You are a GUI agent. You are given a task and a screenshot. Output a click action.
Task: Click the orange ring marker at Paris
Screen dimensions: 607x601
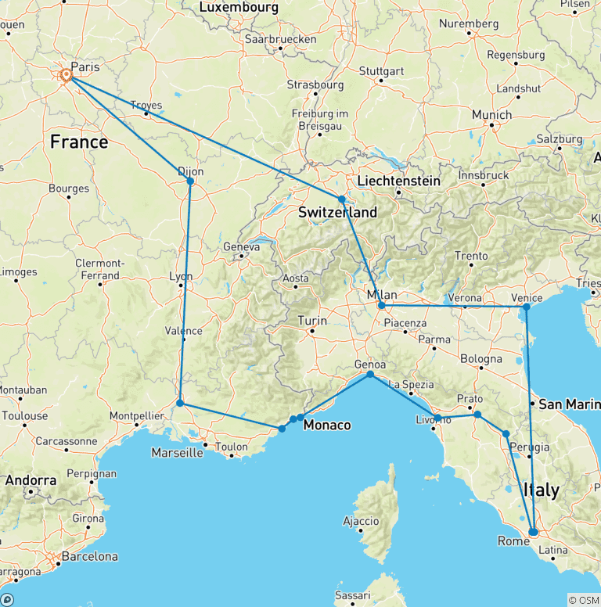point(67,75)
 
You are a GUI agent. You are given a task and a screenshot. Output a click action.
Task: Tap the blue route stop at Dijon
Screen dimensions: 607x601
point(190,181)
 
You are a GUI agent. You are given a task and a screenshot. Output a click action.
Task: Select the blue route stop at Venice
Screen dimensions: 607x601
point(527,307)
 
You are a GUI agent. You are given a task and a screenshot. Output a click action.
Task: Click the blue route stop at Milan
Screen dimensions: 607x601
point(381,306)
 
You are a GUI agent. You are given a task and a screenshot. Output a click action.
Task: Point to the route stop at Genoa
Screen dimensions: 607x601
point(370,375)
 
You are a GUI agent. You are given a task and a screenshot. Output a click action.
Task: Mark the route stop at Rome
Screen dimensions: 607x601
point(534,532)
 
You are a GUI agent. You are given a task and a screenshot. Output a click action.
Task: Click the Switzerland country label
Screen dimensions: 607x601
point(337,212)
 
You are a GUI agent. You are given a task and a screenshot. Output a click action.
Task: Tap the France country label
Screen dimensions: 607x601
point(78,142)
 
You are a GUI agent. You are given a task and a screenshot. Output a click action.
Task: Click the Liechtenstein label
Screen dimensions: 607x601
point(398,181)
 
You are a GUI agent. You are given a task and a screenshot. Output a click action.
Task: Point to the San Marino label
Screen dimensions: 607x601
point(569,404)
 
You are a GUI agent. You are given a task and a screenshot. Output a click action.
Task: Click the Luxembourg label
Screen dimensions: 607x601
point(239,7)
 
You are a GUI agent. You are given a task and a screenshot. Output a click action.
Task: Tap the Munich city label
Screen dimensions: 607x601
point(491,114)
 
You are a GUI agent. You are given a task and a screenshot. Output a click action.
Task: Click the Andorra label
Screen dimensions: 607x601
point(32,479)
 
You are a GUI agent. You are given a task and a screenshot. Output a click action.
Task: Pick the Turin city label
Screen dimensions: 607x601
point(312,320)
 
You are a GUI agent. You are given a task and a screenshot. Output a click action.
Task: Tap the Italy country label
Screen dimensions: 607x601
point(542,490)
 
